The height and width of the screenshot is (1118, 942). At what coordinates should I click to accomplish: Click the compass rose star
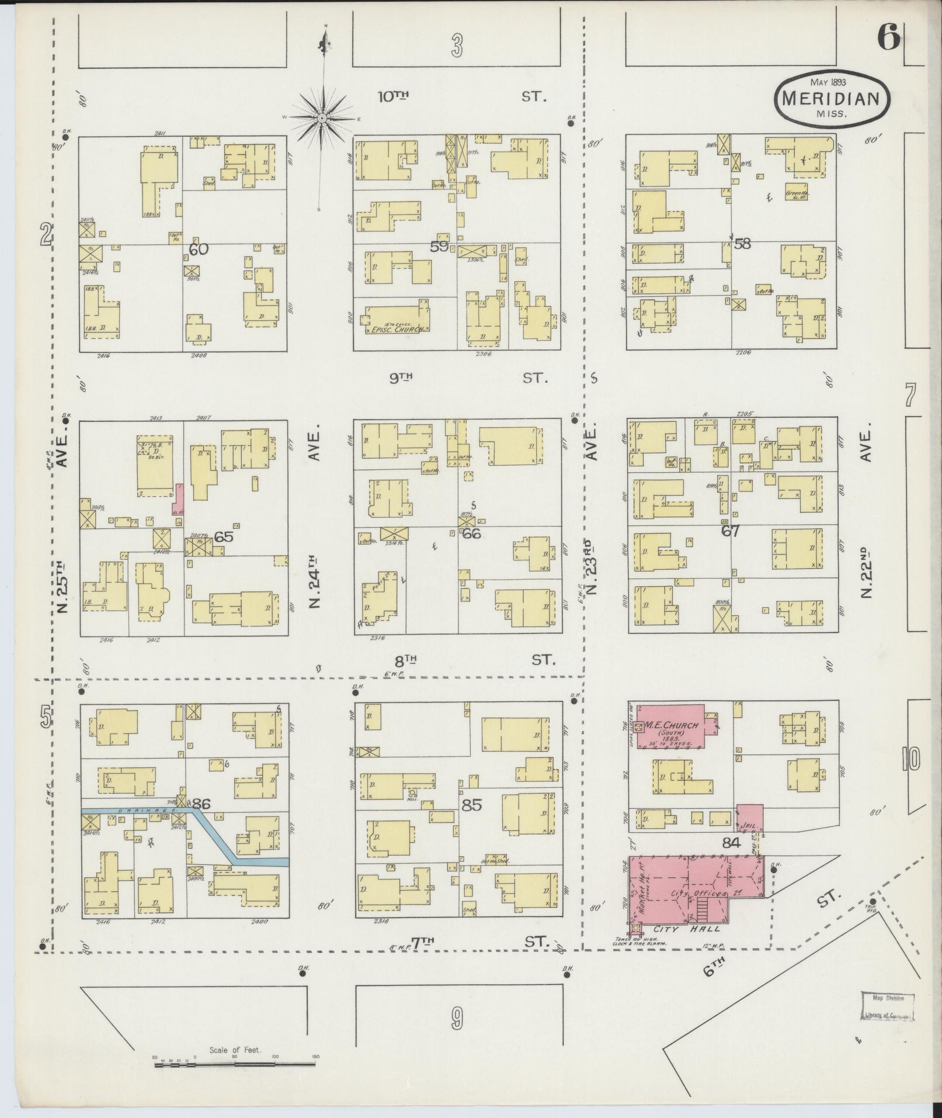pos(322,117)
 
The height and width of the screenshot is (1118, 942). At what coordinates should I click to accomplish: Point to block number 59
pos(440,247)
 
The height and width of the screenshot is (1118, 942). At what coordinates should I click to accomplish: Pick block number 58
pos(742,244)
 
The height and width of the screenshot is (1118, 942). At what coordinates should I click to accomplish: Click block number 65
pos(223,536)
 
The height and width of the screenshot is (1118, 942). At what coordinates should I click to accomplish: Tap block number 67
pos(730,531)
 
